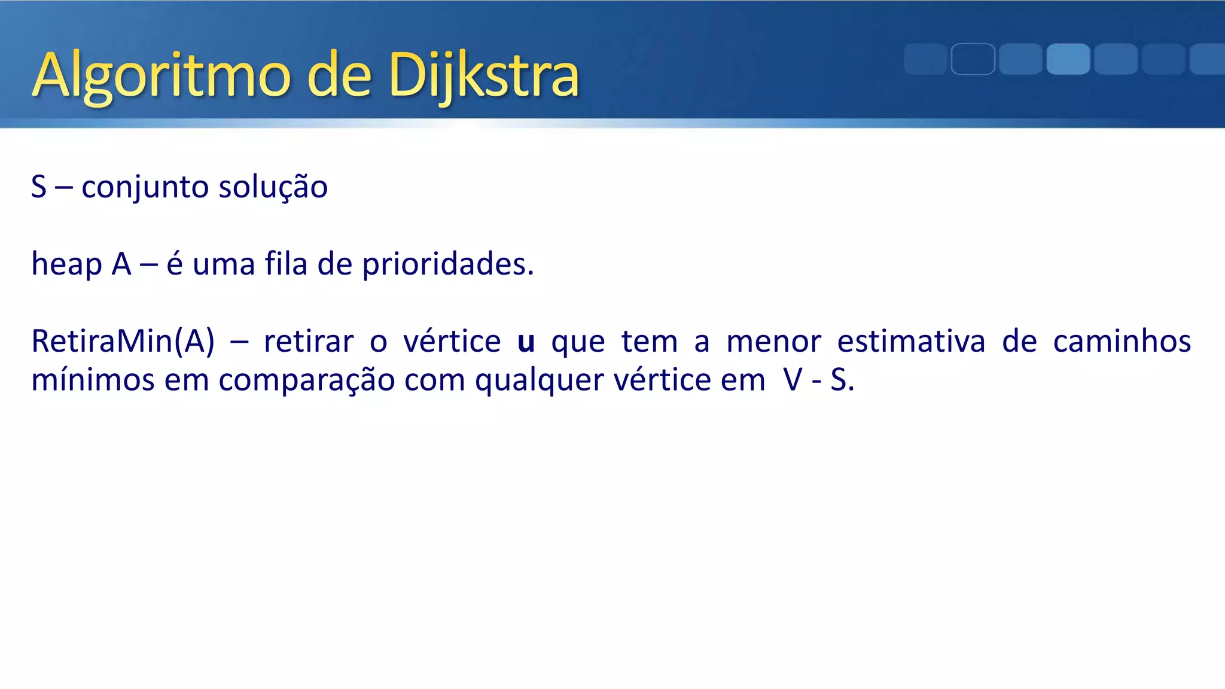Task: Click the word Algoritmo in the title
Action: click(161, 77)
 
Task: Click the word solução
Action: click(273, 187)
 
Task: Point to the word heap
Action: click(66, 264)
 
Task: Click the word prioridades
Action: click(447, 264)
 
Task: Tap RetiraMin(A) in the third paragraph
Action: click(123, 342)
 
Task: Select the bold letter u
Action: click(526, 343)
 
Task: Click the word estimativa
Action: click(911, 342)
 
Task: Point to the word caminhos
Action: click(1122, 342)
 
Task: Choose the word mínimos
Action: click(93, 380)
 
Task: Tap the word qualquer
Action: click(539, 381)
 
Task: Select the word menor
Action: click(773, 343)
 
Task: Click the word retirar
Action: click(309, 342)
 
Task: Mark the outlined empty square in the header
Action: click(973, 59)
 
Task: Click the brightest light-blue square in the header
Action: click(1068, 59)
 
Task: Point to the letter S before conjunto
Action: click(39, 187)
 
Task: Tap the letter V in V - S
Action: click(793, 380)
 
